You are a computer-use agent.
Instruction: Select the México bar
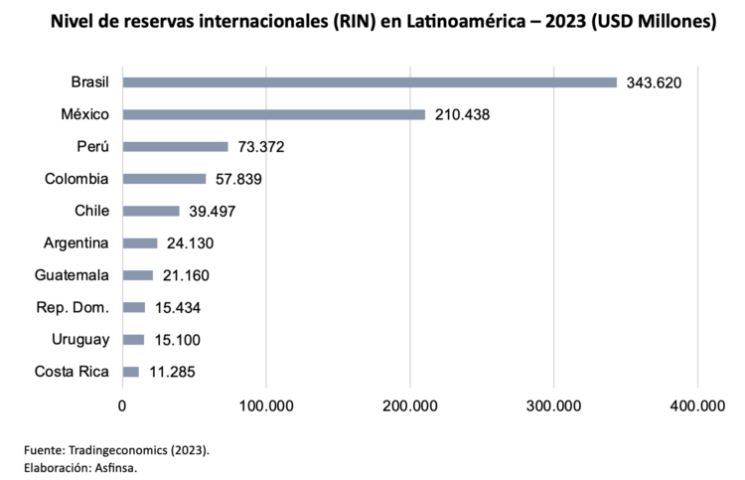coord(273,114)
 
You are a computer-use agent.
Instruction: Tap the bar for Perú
coord(175,147)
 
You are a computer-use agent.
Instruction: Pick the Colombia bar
coord(164,179)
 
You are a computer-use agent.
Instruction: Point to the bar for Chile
coord(151,211)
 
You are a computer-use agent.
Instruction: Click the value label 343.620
coord(654,82)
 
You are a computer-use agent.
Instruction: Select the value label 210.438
coord(462,114)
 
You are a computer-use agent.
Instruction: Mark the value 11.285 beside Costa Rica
coord(172,373)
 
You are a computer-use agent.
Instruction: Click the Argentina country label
coord(76,242)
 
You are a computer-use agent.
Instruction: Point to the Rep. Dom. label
coord(73,307)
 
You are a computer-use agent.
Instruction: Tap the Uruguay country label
coord(80,340)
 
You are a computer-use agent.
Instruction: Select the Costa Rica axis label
coord(72,372)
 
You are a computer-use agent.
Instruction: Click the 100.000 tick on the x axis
coord(265,405)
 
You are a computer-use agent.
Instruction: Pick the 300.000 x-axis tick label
coord(553,405)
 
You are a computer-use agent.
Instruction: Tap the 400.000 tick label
coord(697,405)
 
